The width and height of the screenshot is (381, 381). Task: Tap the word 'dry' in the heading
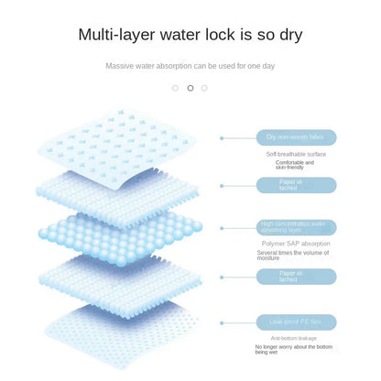pos(286,36)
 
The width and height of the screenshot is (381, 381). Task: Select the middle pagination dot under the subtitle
pos(190,88)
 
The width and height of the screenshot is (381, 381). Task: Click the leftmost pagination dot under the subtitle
pos(175,88)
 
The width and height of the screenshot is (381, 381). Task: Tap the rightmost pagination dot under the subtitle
pos(204,88)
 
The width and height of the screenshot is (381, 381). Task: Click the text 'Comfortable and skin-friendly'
pos(288,165)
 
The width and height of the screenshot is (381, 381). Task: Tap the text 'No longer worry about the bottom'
pos(288,347)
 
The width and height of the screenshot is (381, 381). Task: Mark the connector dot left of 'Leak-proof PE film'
pos(223,321)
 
